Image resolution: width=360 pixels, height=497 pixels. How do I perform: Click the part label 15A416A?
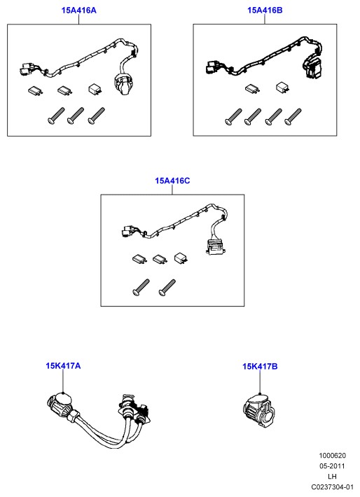(x=78, y=10)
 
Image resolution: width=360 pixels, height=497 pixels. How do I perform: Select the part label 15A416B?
(x=265, y=10)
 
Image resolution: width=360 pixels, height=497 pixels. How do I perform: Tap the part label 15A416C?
(x=172, y=181)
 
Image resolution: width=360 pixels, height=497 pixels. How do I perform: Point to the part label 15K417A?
(x=63, y=366)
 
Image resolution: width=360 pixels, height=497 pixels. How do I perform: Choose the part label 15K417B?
(x=260, y=366)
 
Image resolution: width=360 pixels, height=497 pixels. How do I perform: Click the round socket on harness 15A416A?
(x=121, y=84)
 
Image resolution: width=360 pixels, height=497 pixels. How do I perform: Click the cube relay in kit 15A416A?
(x=95, y=89)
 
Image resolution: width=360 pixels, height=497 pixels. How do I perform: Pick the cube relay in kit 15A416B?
(x=282, y=87)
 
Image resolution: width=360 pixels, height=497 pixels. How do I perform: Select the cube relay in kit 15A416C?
(x=181, y=258)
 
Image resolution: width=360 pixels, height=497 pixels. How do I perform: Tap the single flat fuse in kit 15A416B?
(x=253, y=88)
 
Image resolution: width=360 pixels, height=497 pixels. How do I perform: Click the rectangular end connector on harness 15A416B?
(x=312, y=67)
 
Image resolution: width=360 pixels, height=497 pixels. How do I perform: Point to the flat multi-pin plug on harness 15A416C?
(x=216, y=247)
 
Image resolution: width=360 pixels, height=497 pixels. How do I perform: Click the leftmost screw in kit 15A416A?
(x=56, y=115)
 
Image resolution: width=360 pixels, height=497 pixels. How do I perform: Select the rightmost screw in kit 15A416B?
(x=293, y=116)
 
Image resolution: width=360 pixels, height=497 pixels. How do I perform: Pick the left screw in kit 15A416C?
(x=141, y=288)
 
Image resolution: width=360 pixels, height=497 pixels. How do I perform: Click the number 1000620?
(x=332, y=456)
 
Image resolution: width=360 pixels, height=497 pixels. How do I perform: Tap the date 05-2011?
(x=332, y=466)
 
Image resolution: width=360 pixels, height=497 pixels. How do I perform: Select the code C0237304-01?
(x=332, y=487)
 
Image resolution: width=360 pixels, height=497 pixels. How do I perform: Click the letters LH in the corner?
(x=332, y=477)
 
